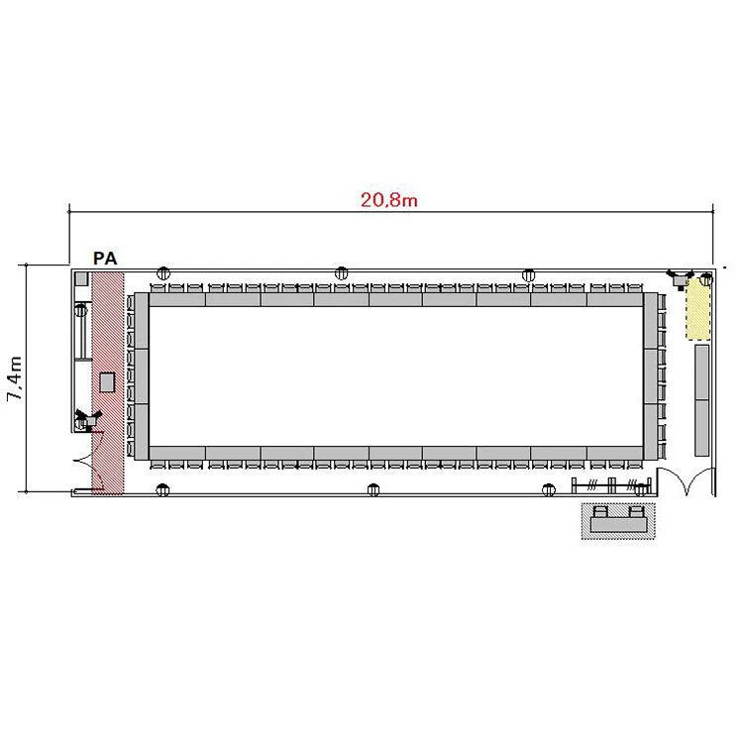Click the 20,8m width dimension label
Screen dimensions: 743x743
(389, 200)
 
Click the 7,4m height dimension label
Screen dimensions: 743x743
(15, 378)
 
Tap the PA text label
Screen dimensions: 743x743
(105, 259)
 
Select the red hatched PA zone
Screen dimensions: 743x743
(108, 382)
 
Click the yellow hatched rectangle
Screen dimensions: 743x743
(698, 309)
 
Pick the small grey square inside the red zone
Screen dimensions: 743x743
(107, 382)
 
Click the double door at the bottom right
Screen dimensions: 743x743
(686, 480)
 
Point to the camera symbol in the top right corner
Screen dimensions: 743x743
(680, 279)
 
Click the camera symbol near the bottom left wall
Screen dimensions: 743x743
(88, 420)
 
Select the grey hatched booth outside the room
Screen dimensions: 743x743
(618, 521)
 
